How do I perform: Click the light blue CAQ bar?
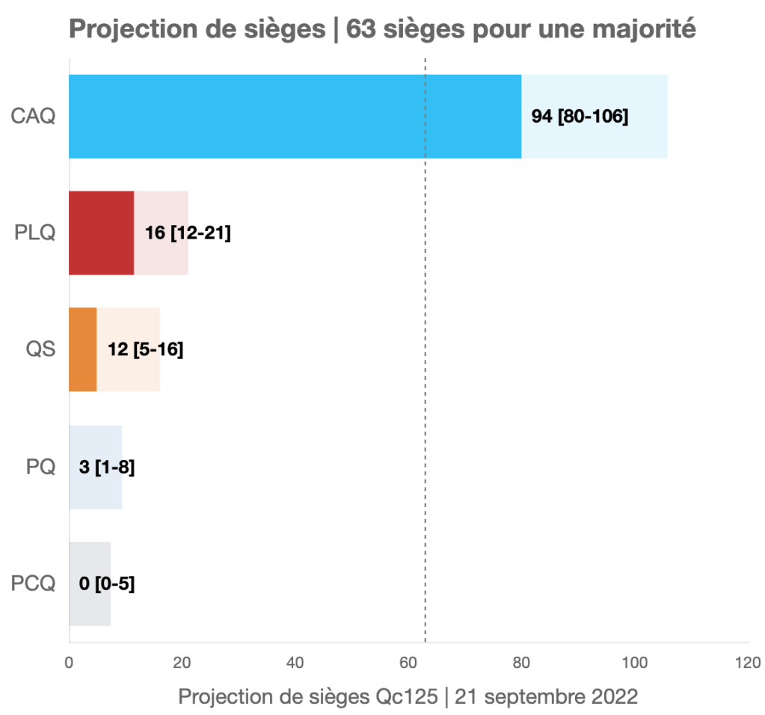click(299, 117)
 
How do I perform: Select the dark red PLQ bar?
click(105, 233)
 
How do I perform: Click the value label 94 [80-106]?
click(580, 117)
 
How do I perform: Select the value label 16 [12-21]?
click(187, 233)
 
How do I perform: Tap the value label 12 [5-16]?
click(146, 349)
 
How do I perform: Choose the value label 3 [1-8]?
click(107, 467)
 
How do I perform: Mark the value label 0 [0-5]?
click(107, 584)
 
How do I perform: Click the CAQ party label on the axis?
click(34, 117)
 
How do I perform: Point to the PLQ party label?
click(35, 233)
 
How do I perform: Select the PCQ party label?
click(34, 584)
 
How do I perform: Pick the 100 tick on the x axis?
click(635, 663)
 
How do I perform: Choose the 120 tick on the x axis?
click(748, 663)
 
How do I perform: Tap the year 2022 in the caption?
click(613, 696)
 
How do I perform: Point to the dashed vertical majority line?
click(425, 374)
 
